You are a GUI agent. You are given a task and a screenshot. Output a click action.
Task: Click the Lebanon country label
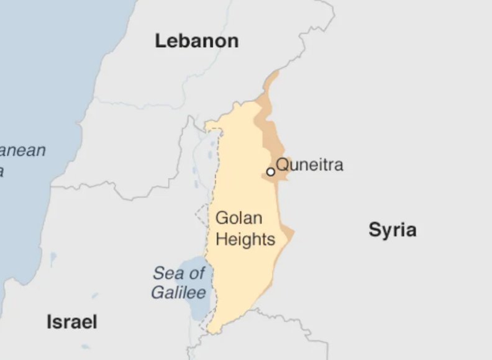click(x=196, y=41)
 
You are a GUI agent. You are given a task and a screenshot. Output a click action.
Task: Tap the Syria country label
click(x=392, y=230)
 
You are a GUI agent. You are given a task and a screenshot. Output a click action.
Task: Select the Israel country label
click(x=72, y=322)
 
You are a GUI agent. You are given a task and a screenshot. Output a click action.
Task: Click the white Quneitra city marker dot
click(x=271, y=172)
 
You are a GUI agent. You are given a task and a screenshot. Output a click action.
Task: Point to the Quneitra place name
click(x=309, y=165)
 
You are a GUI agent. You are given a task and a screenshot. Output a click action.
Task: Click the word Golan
click(x=239, y=218)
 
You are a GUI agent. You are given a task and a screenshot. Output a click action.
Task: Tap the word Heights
click(x=245, y=239)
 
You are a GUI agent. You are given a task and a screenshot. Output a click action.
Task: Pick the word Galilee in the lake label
click(x=178, y=293)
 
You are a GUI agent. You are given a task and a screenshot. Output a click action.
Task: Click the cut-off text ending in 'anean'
click(x=23, y=151)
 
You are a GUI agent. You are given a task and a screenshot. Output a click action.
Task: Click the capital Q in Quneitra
click(x=281, y=165)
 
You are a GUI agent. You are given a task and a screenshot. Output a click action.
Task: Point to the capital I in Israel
click(x=50, y=322)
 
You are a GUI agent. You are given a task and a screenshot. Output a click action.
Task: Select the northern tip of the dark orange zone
click(x=276, y=73)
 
